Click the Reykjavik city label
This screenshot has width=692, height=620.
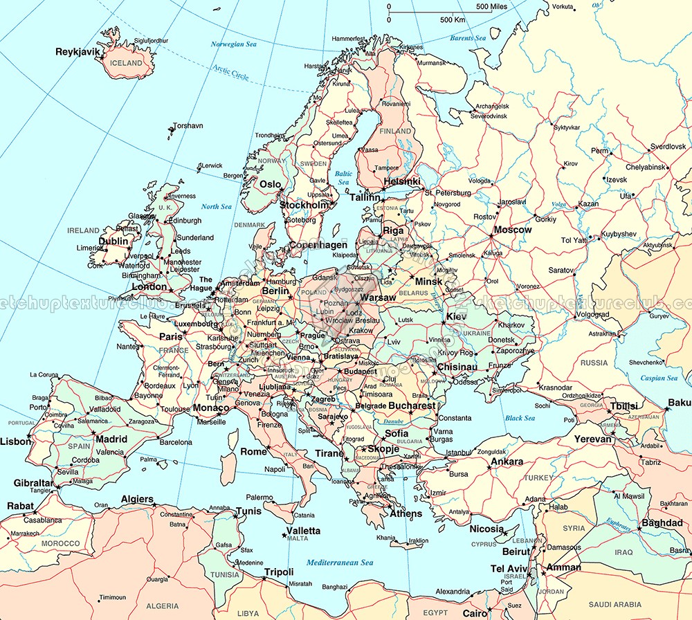click(x=78, y=52)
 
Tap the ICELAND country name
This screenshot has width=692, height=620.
click(x=126, y=63)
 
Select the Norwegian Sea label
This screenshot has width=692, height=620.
click(x=237, y=44)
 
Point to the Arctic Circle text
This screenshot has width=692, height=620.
click(x=230, y=73)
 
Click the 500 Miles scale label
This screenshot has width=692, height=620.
click(x=492, y=7)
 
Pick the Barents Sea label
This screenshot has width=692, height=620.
click(x=468, y=38)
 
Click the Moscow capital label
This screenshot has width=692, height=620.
click(x=513, y=230)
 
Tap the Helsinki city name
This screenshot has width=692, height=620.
click(x=402, y=181)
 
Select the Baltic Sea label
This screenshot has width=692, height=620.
click(x=343, y=179)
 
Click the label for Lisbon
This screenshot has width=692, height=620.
click(x=15, y=441)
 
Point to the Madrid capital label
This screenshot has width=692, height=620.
click(x=111, y=439)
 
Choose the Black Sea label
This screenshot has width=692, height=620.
click(x=520, y=418)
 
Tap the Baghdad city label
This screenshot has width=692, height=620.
click(x=662, y=523)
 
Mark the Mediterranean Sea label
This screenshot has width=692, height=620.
click(x=340, y=563)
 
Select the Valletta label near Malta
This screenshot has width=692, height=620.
click(x=304, y=531)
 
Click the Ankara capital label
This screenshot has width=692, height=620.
click(x=507, y=462)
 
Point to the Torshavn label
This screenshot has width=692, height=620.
click(x=188, y=126)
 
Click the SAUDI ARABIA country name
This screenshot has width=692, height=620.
click(x=613, y=604)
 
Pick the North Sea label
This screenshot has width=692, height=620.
click(x=216, y=206)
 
